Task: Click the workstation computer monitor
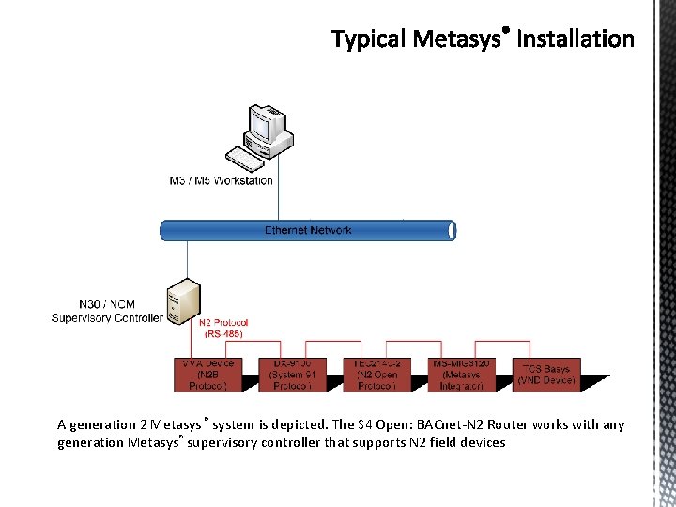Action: coord(262,126)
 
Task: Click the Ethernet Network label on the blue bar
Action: coord(308,230)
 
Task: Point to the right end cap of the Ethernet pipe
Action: coord(452,230)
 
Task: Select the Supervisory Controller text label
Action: coord(107,312)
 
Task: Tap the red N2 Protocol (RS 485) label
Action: coord(223,328)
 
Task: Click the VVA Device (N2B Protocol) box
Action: coord(207,374)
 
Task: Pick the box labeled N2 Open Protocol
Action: coord(376,374)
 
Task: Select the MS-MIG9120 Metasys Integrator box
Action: coord(461,374)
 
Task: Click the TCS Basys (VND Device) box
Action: coord(546,374)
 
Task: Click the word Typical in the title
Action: coord(369,39)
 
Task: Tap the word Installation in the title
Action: coord(576,39)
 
